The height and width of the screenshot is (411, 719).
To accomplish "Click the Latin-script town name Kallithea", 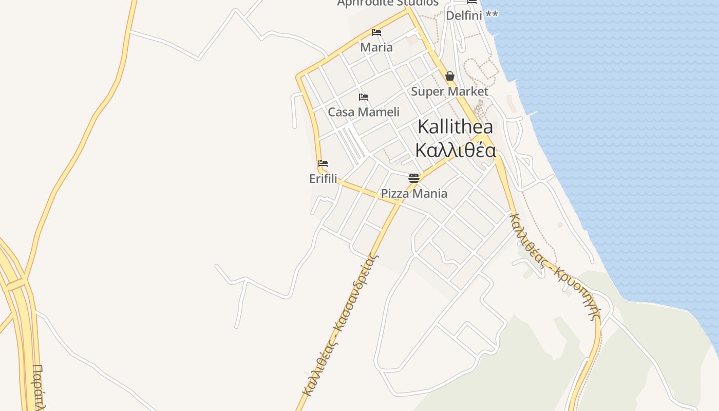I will [455, 126].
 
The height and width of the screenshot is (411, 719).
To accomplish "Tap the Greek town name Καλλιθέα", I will [455, 151].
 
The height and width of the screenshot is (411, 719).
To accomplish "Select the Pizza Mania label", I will [414, 194].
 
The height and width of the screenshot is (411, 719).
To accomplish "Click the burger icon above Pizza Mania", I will [414, 178].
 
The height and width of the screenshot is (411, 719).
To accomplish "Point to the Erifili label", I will [323, 179].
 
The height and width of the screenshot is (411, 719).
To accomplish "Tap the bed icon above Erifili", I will [323, 163].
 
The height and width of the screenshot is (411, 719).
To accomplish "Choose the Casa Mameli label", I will [364, 112].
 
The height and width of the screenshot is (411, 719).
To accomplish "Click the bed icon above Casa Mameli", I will [364, 97].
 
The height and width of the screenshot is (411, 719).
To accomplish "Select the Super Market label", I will [449, 91].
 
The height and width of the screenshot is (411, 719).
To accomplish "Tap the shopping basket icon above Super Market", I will [450, 76].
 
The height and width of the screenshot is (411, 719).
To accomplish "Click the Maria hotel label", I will [376, 47].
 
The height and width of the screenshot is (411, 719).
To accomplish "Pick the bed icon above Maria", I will [376, 32].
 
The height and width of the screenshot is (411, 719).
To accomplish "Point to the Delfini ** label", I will [471, 15].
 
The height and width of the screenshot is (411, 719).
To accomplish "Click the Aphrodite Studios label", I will [388, 3].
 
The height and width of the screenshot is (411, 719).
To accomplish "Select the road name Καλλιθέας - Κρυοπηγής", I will [555, 266].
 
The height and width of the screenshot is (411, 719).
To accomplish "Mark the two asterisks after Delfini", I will [491, 14].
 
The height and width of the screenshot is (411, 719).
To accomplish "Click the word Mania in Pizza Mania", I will [430, 194].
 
